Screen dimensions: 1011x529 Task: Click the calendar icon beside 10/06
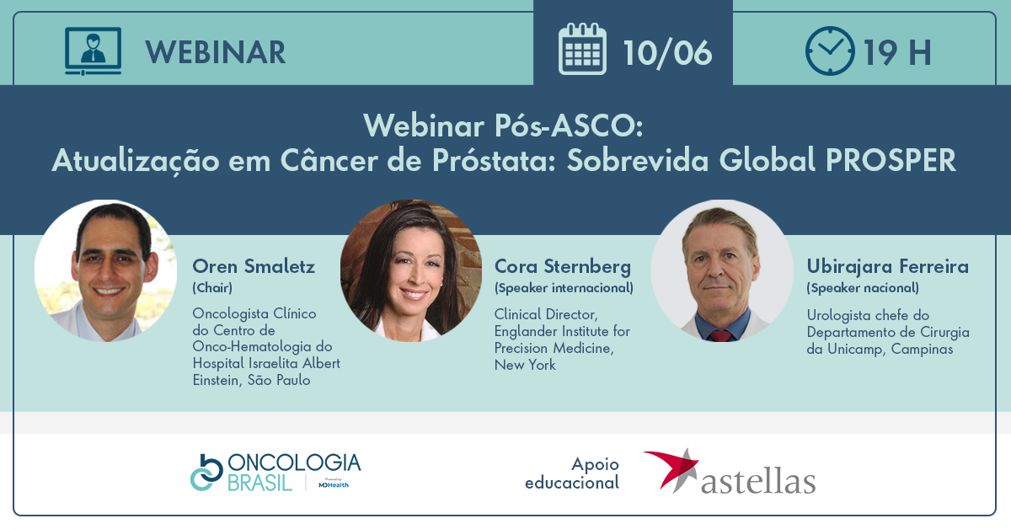coord(582,49)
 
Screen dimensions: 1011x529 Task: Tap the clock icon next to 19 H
coord(830,51)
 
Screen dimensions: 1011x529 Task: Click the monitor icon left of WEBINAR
coord(93,51)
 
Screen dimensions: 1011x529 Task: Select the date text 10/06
coord(667,53)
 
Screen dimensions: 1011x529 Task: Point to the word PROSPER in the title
coord(891,160)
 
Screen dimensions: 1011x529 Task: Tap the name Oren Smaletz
coord(254,266)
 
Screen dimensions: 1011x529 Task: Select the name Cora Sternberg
coord(563,267)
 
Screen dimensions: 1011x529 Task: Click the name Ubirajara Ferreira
coord(887,267)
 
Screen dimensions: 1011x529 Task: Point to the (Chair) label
coord(212,288)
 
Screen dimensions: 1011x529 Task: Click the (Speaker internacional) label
coord(564,288)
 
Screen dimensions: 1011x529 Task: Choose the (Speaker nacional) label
coord(863,288)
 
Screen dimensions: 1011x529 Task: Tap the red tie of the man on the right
coord(720,335)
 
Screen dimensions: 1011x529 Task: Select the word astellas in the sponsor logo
coord(758,481)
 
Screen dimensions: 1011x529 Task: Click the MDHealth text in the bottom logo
coord(334,484)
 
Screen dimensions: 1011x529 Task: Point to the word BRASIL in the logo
coord(260,484)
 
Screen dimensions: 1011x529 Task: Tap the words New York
coord(525,365)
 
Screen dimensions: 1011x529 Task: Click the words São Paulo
coord(279,380)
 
